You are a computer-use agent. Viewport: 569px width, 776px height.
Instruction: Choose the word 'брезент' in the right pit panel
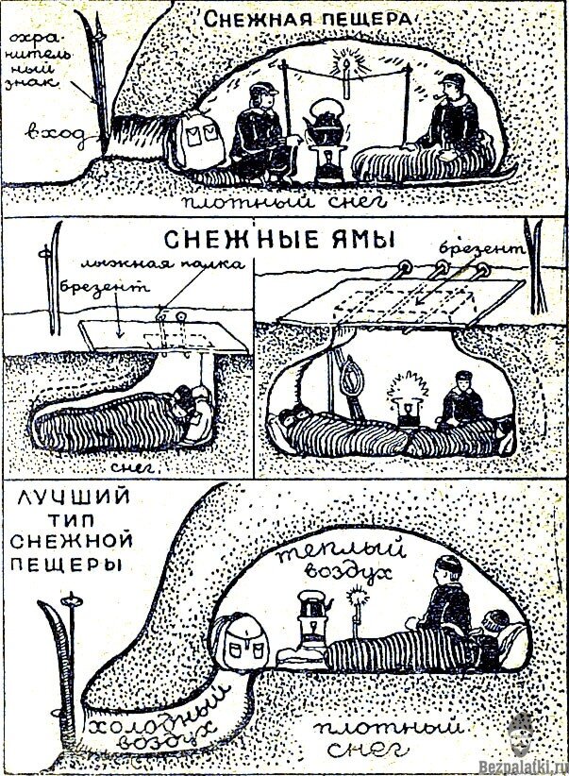(480, 250)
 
